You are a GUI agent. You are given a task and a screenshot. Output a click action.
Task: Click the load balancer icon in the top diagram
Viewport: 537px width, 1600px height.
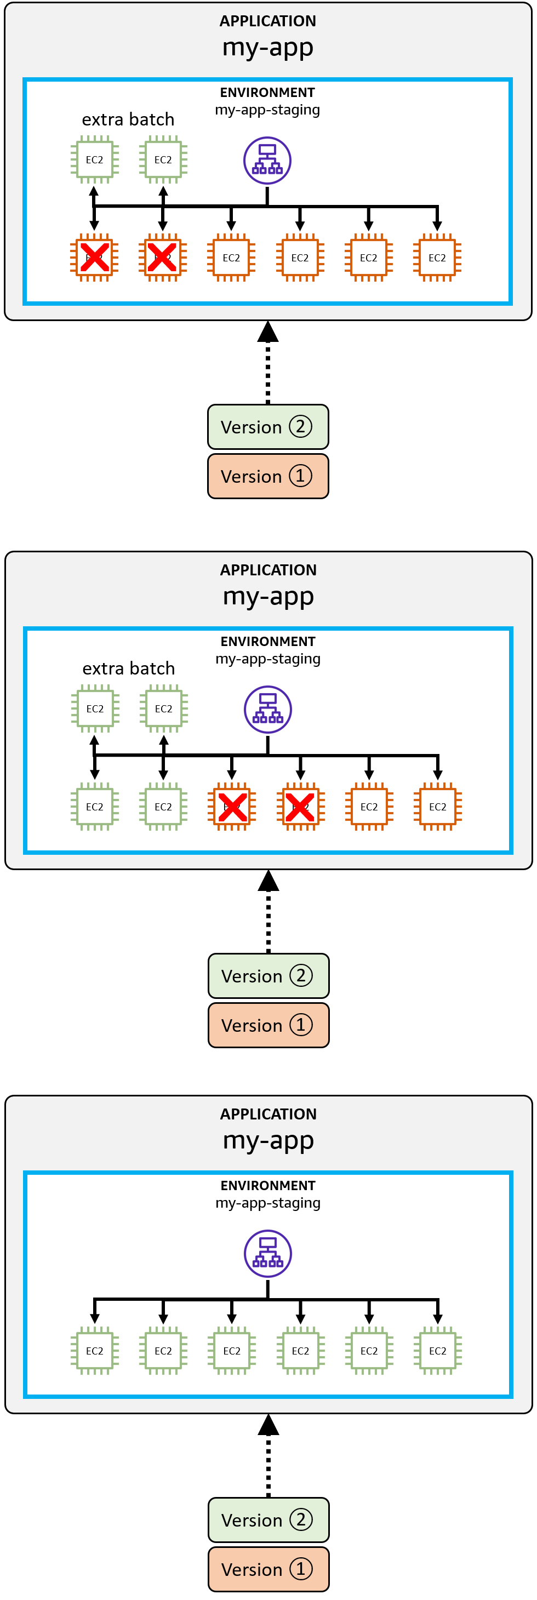[x=267, y=160]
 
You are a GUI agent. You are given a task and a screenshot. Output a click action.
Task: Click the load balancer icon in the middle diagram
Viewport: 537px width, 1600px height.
[x=267, y=710]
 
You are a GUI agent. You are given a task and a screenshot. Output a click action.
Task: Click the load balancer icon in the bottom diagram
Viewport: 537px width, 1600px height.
[x=267, y=1253]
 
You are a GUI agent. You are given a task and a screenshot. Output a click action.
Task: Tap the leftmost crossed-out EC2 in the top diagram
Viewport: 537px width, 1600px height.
[x=94, y=258]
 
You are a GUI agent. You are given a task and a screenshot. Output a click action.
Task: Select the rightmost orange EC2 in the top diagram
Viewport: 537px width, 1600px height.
[x=437, y=258]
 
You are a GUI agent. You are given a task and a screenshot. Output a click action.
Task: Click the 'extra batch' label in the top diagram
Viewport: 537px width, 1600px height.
[x=128, y=119]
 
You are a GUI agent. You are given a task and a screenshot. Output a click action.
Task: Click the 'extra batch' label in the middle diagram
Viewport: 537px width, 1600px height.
[x=129, y=668]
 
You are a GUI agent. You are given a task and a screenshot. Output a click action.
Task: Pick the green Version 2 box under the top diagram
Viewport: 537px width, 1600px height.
[x=267, y=427]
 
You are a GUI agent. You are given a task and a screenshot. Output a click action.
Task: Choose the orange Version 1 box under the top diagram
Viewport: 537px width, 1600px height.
[x=267, y=476]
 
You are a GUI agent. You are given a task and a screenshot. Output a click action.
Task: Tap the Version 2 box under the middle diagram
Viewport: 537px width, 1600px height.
[x=268, y=976]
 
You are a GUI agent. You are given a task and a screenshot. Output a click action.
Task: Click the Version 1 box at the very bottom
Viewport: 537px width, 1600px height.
[x=268, y=1569]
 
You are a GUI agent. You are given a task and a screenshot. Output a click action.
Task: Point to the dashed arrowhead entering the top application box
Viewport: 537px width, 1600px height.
[x=267, y=332]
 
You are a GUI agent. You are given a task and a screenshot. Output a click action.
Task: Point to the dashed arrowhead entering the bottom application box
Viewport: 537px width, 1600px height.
[x=268, y=1425]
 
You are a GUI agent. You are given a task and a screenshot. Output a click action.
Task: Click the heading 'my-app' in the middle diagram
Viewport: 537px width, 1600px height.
[x=268, y=596]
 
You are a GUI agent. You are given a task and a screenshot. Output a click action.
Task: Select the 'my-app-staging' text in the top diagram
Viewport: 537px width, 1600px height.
[x=267, y=110]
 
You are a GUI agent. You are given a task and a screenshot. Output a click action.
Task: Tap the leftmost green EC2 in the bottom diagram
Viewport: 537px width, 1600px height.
[x=94, y=1351]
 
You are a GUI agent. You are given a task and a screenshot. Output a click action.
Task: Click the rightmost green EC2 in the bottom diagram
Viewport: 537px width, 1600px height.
[x=438, y=1351]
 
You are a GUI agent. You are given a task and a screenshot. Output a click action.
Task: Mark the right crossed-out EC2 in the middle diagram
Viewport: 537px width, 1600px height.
[x=300, y=807]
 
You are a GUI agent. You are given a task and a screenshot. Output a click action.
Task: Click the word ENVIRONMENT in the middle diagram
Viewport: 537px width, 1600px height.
[x=267, y=641]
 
